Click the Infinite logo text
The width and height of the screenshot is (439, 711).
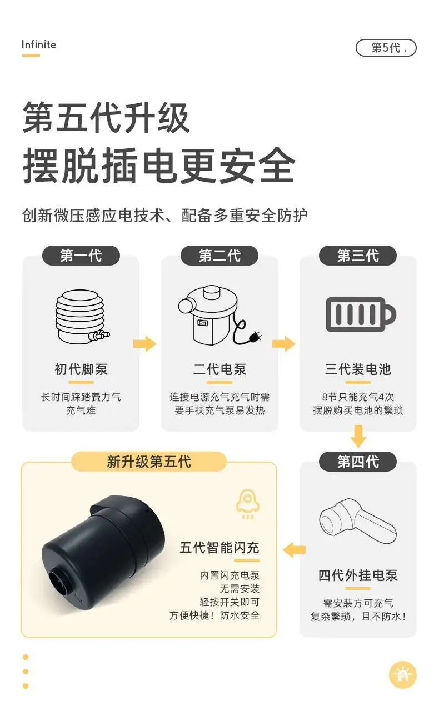point(39,45)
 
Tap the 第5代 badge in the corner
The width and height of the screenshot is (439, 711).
point(386,48)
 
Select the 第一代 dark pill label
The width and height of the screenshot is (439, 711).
point(81,256)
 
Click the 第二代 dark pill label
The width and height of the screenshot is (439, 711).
point(219,256)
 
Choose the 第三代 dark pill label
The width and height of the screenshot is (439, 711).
point(358,256)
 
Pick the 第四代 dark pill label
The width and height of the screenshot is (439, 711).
point(358,462)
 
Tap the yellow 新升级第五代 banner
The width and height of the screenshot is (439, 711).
point(149,462)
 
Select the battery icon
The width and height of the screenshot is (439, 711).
point(361,314)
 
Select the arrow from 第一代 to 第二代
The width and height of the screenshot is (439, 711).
point(145,343)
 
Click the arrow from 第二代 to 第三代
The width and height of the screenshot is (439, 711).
point(283,343)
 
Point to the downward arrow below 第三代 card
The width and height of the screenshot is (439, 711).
point(358,437)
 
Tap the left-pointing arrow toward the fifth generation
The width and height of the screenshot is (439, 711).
point(294,550)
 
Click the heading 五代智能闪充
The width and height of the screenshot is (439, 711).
point(219,548)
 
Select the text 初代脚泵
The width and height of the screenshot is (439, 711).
point(81,369)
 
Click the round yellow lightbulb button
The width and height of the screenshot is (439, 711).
point(403,675)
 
